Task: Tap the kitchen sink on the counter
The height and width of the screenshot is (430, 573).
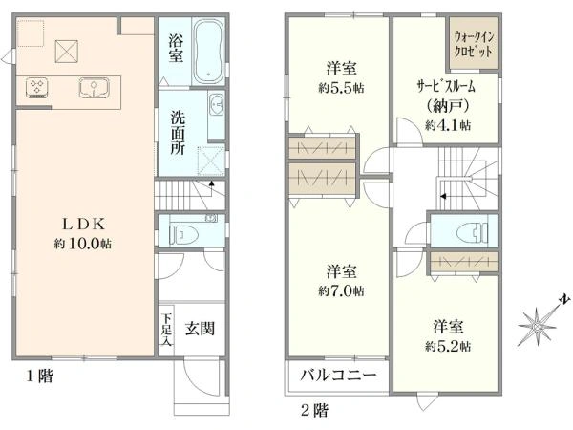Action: tap(95, 88)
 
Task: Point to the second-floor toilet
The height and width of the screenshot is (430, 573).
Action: tap(473, 231)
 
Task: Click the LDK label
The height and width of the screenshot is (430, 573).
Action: tap(84, 225)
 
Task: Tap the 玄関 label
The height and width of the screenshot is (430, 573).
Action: tap(200, 329)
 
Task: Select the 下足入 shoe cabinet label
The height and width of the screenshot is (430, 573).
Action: tap(166, 329)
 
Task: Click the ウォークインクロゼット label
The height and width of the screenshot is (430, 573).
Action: tap(474, 44)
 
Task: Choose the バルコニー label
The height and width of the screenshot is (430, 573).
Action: tap(338, 376)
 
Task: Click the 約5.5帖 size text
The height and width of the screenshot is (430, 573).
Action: tap(341, 88)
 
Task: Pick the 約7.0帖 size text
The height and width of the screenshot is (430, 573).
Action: tap(341, 291)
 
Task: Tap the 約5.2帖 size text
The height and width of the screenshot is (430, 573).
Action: tap(448, 346)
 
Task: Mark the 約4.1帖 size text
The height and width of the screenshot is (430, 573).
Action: tap(448, 125)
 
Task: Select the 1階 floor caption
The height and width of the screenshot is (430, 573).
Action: tap(39, 376)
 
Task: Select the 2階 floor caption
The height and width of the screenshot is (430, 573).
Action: tap(314, 410)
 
